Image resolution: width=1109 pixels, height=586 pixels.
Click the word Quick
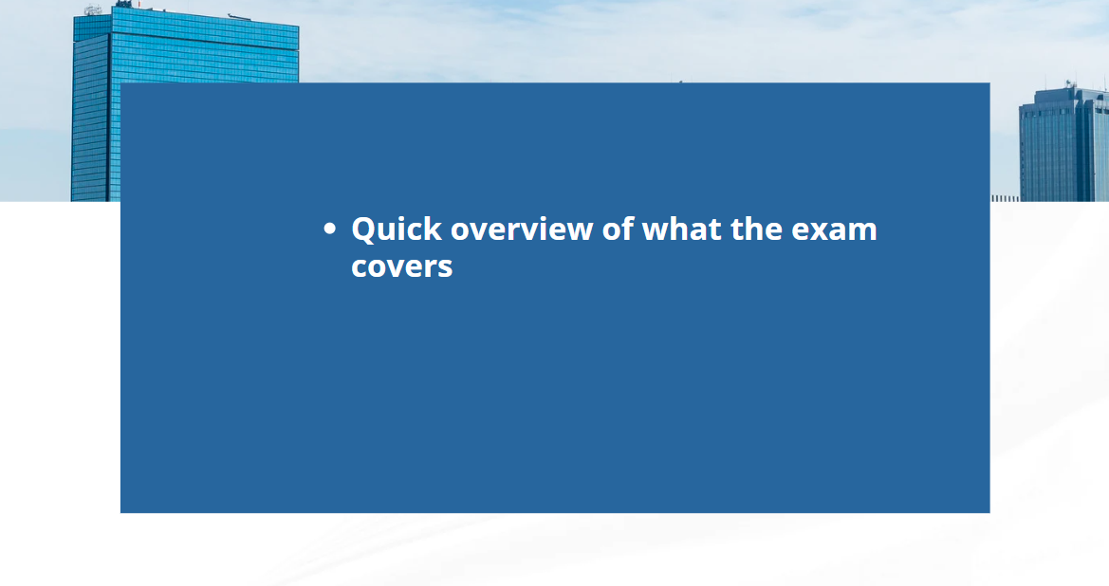coord(397,230)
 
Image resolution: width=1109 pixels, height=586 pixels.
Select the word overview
coord(522,229)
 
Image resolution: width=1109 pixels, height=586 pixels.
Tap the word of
coord(618,229)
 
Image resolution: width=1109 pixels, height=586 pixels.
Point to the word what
coord(682,229)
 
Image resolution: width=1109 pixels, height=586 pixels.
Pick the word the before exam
coord(756,229)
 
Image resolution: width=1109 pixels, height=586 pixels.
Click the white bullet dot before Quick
coord(329,229)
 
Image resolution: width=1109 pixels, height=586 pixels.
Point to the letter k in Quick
coord(433,229)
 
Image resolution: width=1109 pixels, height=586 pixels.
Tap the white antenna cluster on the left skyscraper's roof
coord(93,9)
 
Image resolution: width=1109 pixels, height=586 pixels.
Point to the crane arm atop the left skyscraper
coord(239,15)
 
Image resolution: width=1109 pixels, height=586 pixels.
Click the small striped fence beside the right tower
coord(1005,198)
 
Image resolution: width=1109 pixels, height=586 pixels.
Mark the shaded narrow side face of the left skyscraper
coord(90,118)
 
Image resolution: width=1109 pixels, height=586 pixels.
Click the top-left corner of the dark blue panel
coord(120,83)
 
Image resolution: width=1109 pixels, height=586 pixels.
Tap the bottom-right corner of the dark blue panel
coord(989,512)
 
